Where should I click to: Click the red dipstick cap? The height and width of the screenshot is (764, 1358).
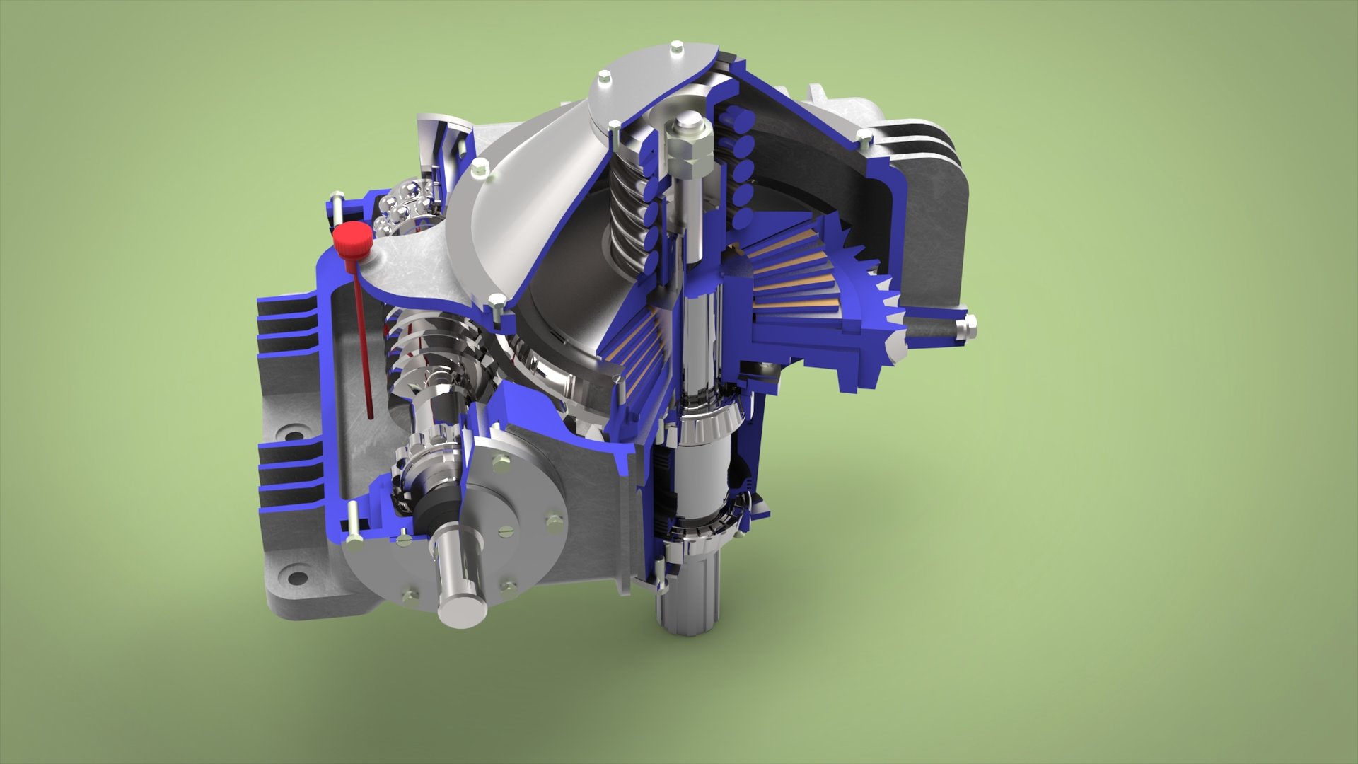(x=352, y=241)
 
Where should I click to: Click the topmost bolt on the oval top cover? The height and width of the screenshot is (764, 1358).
(x=676, y=48)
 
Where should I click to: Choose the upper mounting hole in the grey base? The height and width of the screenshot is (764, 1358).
(x=291, y=431)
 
